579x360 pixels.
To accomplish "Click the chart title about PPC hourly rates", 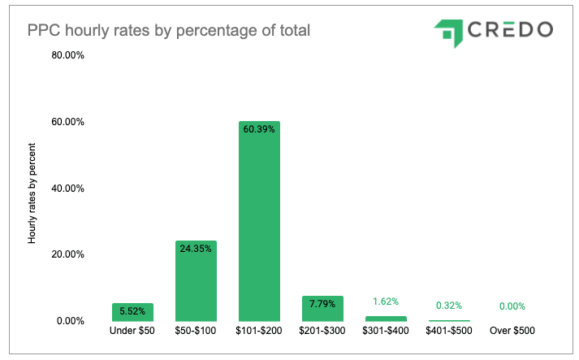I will coord(170,31).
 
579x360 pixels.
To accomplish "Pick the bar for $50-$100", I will coord(196,280).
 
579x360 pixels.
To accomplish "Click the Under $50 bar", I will coord(133,312).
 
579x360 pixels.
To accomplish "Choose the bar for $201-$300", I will coord(322,308).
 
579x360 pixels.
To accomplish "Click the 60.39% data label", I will coord(259,129).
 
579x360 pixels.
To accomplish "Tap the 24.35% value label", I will coord(196,249).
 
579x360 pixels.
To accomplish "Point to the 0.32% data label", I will coord(447,306).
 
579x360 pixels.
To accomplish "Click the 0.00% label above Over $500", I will coord(511,306).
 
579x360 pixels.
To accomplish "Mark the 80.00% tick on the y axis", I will coord(68,56).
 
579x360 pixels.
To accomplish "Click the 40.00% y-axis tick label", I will coord(68,189).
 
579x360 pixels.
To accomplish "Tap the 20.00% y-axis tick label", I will coord(68,254).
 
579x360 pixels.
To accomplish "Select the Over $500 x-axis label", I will coord(512,332).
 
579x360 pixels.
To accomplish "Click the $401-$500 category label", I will coord(447,332).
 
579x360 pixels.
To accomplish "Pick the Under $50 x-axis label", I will coord(133,332).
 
